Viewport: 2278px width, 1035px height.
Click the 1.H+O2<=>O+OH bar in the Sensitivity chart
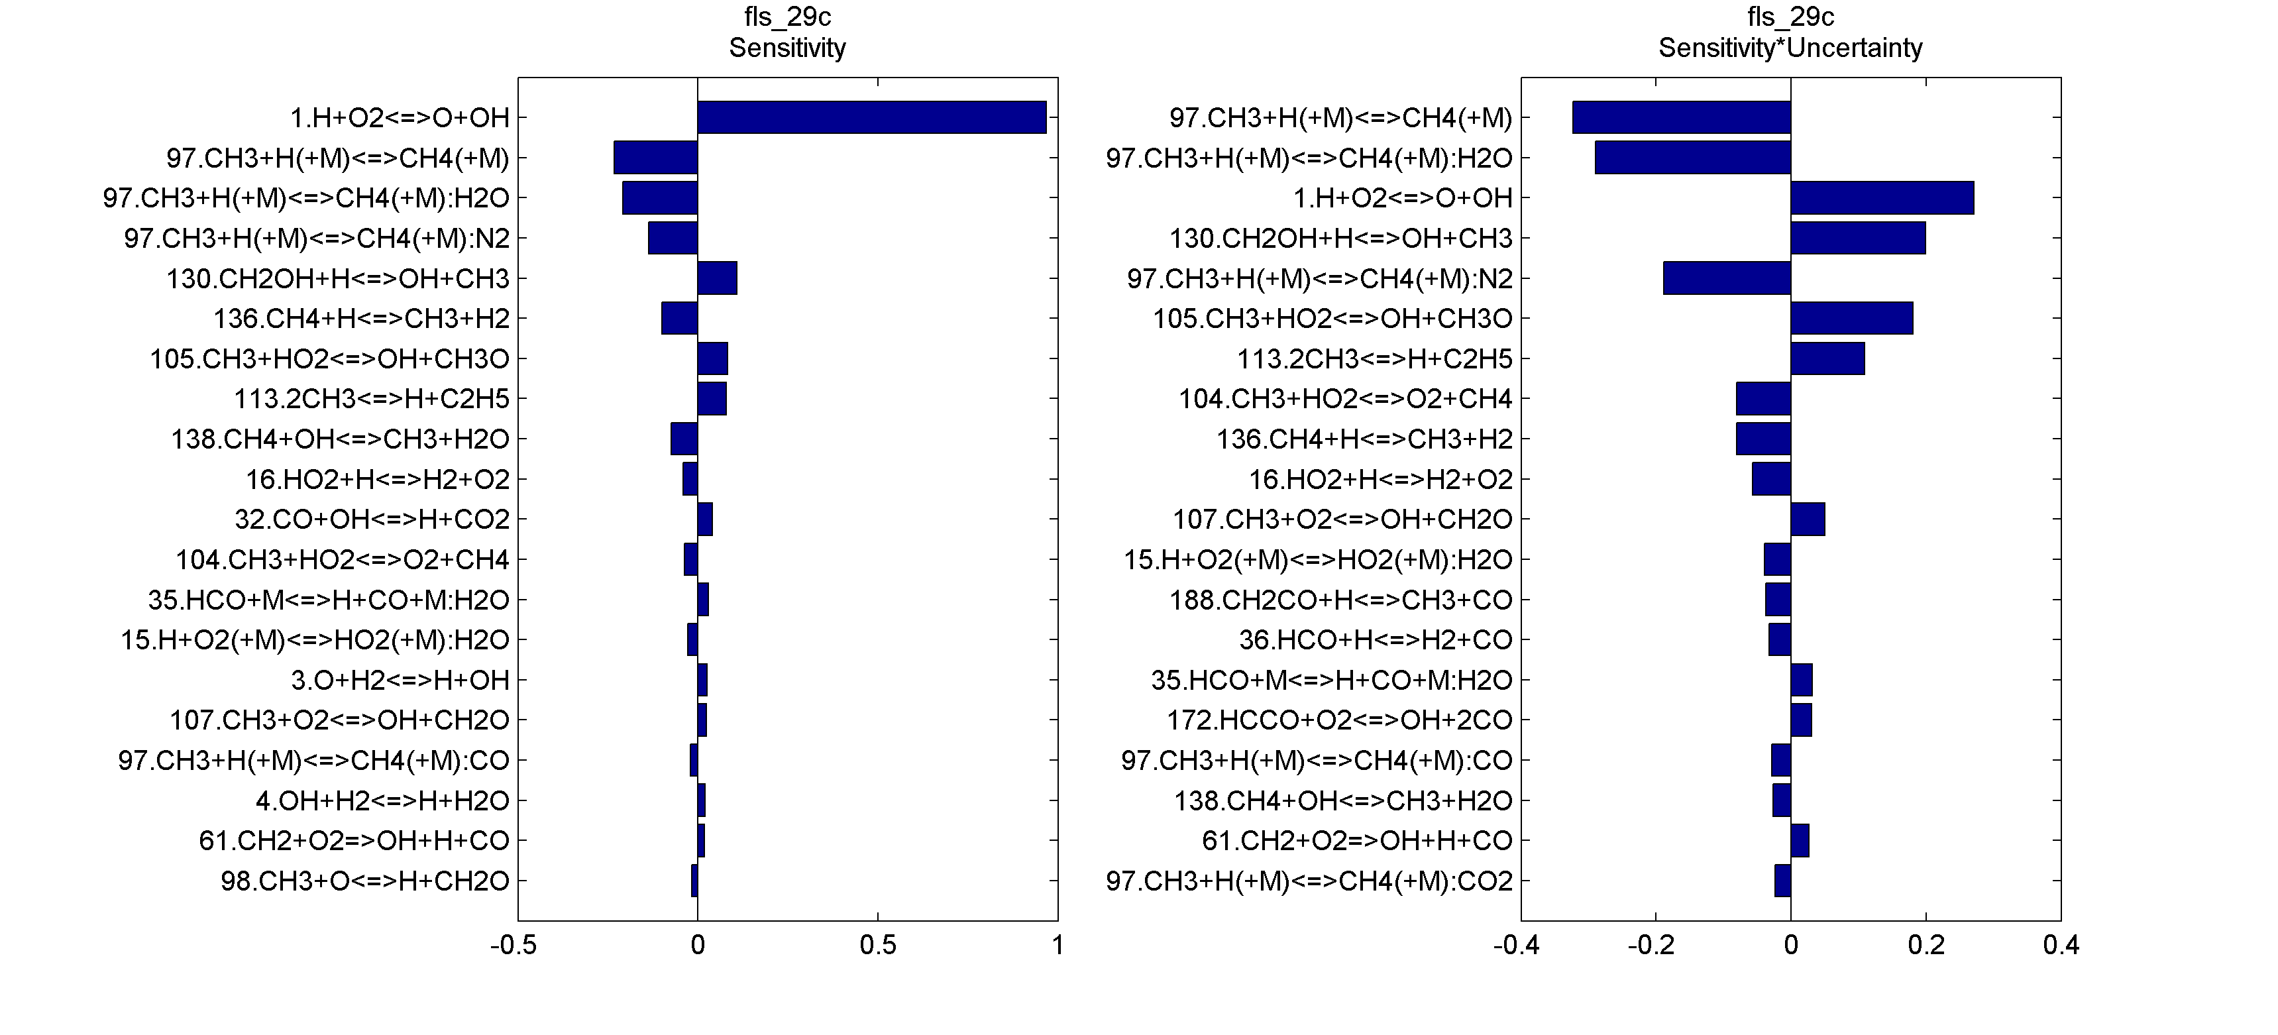(871, 118)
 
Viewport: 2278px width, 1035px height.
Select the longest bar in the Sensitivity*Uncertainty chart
(1681, 118)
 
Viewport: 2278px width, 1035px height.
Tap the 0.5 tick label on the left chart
(877, 946)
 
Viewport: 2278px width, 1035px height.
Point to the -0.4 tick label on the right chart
(1516, 946)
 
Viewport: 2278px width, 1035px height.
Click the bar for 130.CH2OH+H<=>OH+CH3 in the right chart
(1858, 238)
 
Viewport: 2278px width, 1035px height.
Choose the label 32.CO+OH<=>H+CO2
(372, 519)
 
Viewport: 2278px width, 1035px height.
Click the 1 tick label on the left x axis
(1058, 946)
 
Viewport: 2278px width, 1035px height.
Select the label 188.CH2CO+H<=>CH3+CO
(1340, 600)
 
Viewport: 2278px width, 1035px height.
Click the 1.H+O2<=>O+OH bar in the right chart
(1882, 198)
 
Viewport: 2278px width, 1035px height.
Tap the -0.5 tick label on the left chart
(513, 946)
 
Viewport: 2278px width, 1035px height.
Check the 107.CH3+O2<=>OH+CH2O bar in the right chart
(1808, 519)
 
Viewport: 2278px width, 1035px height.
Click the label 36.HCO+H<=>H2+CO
(1375, 639)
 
